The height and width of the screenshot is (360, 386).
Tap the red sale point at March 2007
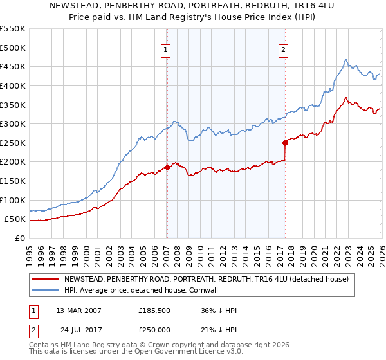point(167,167)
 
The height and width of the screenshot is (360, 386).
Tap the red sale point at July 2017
point(285,143)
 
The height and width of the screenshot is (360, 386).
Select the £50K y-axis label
point(15,219)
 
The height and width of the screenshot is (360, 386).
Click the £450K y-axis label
point(13,66)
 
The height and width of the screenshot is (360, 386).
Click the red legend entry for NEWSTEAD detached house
point(206,279)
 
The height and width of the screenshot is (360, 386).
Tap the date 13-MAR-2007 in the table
point(78,310)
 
